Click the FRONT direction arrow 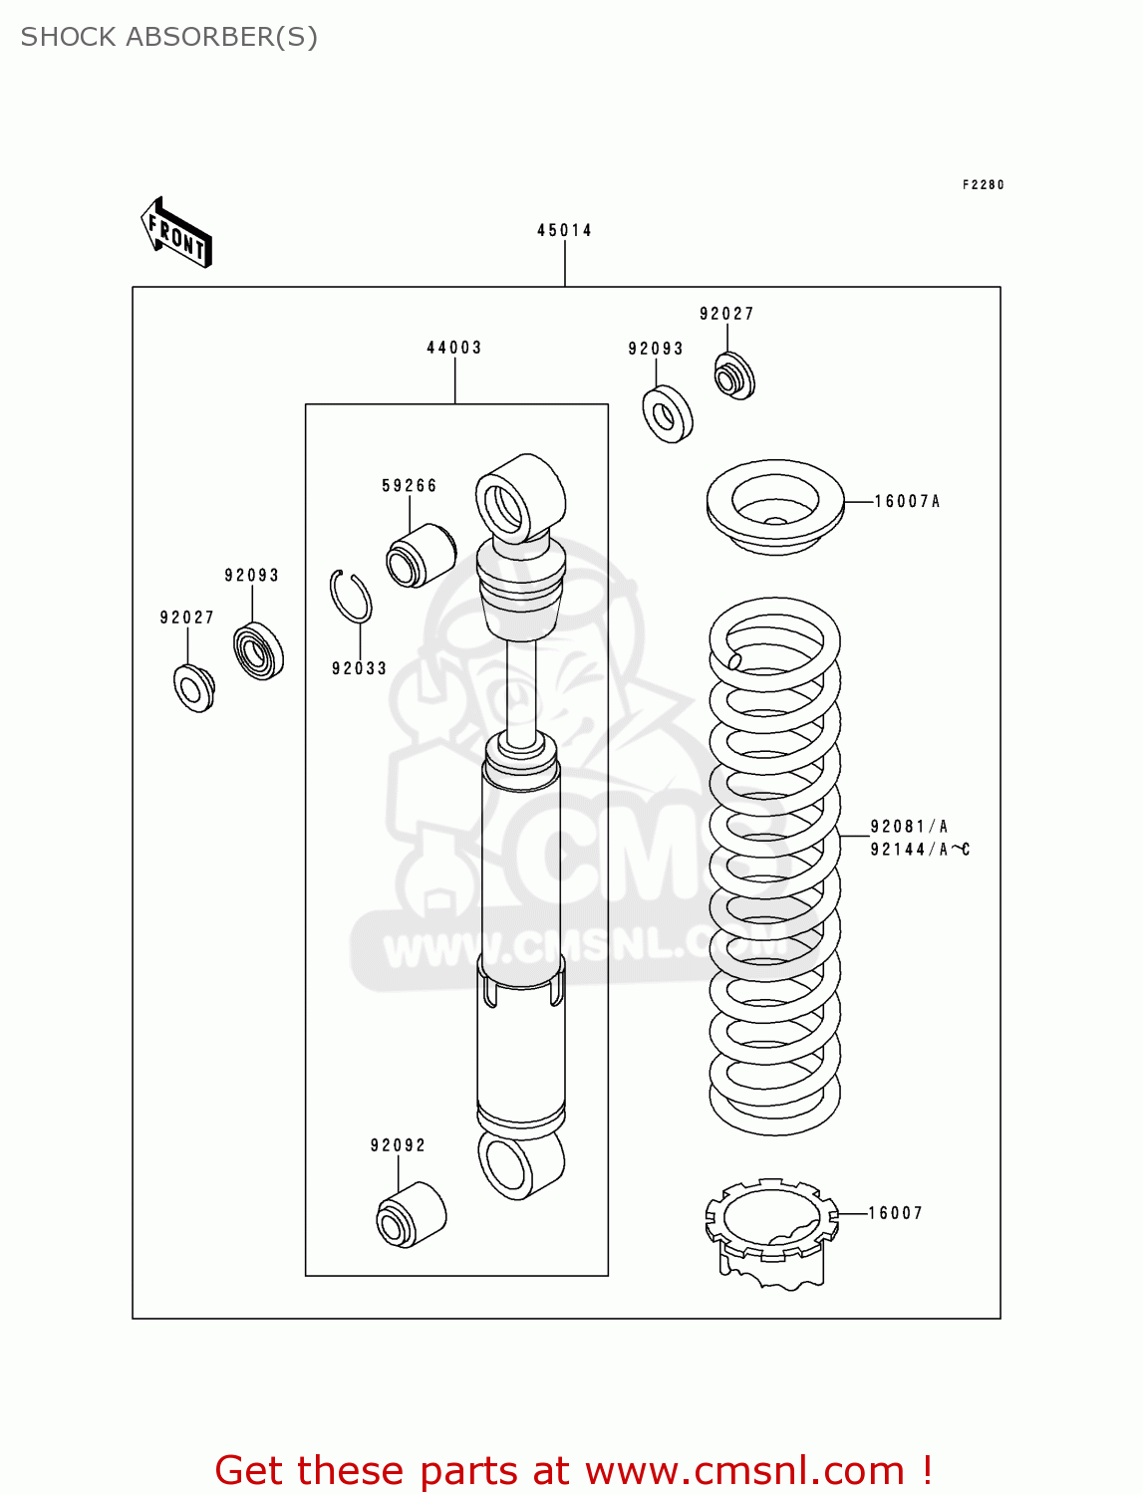click(x=176, y=233)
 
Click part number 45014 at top click(x=564, y=230)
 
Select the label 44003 click(x=453, y=348)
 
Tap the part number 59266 click(x=409, y=486)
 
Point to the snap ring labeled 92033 click(x=351, y=597)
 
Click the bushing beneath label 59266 click(x=421, y=556)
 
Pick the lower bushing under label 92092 click(x=411, y=1214)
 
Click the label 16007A click(x=907, y=502)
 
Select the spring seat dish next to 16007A click(x=774, y=506)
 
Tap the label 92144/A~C click(x=919, y=850)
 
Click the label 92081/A click(x=909, y=827)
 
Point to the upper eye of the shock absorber click(x=519, y=499)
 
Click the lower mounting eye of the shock click(x=520, y=1163)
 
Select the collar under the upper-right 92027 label click(x=734, y=376)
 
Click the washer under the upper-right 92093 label click(x=667, y=414)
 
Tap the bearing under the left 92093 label click(x=258, y=651)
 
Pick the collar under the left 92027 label click(x=193, y=688)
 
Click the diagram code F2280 click(x=983, y=185)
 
